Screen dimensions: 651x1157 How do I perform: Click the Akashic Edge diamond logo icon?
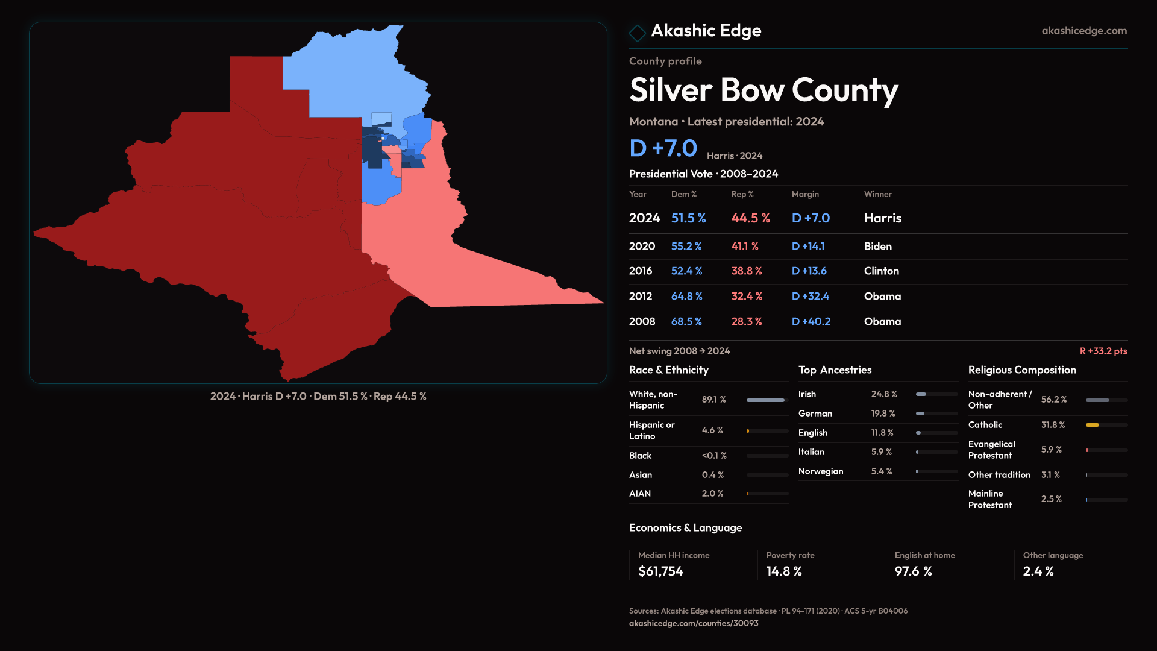coord(637,33)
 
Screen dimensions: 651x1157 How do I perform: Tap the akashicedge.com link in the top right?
coord(1084,31)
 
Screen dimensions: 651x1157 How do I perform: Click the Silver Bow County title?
coord(763,90)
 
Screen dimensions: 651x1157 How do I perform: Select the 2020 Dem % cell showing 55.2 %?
coord(686,247)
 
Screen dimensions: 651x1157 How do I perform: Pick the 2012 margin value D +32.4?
coord(810,297)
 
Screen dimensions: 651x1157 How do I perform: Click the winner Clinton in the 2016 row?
coord(881,271)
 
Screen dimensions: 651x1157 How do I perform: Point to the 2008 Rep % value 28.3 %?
coord(747,322)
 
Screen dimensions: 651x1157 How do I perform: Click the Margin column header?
coord(805,194)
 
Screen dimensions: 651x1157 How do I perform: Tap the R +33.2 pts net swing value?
coord(1103,351)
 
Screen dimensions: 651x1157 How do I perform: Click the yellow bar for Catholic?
coord(1093,425)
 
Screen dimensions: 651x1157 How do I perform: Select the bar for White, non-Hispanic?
coord(765,400)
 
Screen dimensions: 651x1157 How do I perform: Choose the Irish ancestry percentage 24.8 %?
coord(884,394)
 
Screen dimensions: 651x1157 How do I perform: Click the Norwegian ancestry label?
coord(821,471)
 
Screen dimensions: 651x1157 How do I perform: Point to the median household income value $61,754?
coord(660,571)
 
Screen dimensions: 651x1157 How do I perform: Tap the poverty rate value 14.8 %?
coord(784,571)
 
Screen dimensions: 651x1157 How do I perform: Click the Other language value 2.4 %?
coord(1038,571)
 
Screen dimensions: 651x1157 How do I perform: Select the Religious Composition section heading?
coord(1022,370)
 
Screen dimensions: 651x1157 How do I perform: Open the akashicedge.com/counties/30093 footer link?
coord(694,623)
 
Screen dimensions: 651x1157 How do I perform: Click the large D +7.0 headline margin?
coord(663,148)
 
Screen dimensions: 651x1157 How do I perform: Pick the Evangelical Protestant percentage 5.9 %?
coord(1052,450)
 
